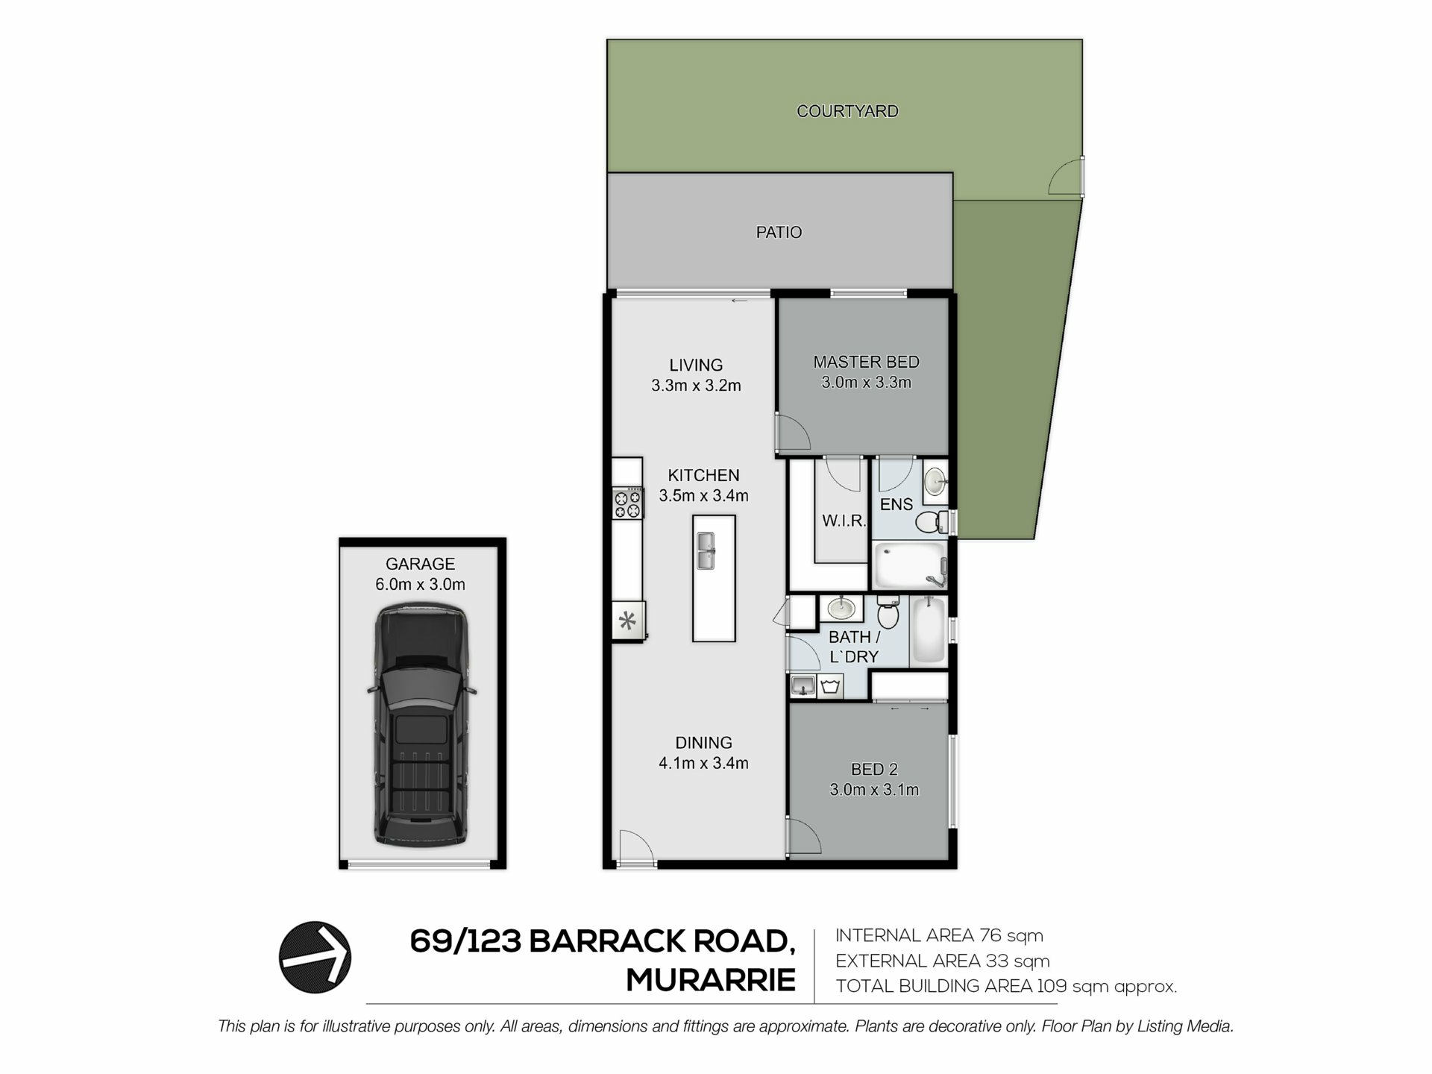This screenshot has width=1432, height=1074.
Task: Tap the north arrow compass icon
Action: pos(315,957)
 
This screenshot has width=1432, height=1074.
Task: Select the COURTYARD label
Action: pos(847,111)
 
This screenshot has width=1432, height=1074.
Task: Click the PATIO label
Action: pos(779,233)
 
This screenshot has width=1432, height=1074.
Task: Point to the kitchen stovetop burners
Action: pos(628,503)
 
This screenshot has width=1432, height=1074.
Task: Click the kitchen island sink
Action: pos(706,550)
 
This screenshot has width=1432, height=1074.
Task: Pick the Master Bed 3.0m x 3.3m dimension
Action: pos(866,383)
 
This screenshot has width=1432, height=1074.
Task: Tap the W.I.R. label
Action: pos(844,521)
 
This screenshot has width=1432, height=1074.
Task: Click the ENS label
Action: pos(896,505)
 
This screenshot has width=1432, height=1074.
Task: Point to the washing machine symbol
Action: pos(831,686)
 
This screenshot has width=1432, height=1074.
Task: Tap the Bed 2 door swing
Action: pos(805,835)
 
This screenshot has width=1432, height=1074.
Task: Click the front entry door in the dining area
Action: pos(635,849)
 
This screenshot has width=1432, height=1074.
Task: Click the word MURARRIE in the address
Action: pos(711,980)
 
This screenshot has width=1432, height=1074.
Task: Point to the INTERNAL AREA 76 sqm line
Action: pos(939,935)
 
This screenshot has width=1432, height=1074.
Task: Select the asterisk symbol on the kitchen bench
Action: pos(628,621)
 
